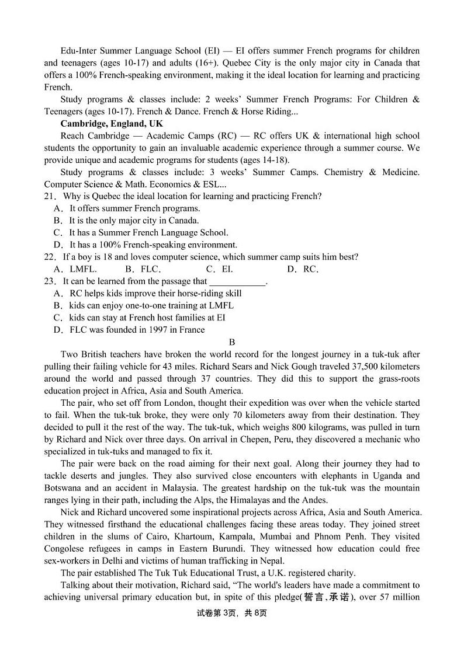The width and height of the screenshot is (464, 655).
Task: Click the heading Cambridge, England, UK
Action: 112,124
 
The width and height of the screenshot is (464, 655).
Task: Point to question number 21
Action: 50,196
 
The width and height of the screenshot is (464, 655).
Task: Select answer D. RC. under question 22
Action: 303,269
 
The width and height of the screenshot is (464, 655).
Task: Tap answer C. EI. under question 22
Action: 219,269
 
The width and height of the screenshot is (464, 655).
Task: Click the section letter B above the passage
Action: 232,342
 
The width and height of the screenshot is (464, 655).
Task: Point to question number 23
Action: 50,281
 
